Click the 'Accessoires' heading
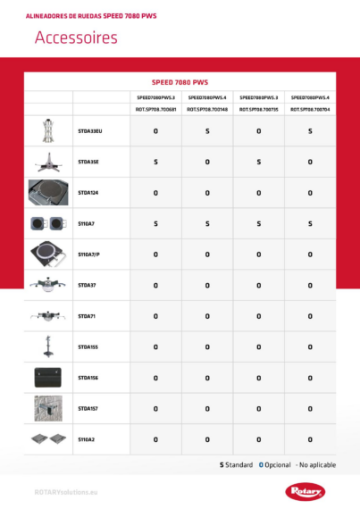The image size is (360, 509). (75, 38)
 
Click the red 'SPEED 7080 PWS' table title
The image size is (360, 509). (180, 80)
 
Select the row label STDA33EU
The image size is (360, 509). (90, 131)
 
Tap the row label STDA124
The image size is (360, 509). (88, 193)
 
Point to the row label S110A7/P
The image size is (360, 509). (89, 254)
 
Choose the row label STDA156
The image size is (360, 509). (88, 378)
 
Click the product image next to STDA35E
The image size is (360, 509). (48, 162)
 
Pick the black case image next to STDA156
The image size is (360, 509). (48, 378)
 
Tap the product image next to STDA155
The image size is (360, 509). (48, 346)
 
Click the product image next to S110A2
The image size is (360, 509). (48, 439)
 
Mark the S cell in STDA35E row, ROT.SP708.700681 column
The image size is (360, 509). (155, 163)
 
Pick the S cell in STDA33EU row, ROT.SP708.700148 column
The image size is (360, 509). (207, 131)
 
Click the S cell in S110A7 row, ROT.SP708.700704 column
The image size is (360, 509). (310, 224)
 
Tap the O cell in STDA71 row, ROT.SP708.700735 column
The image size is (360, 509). (259, 316)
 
